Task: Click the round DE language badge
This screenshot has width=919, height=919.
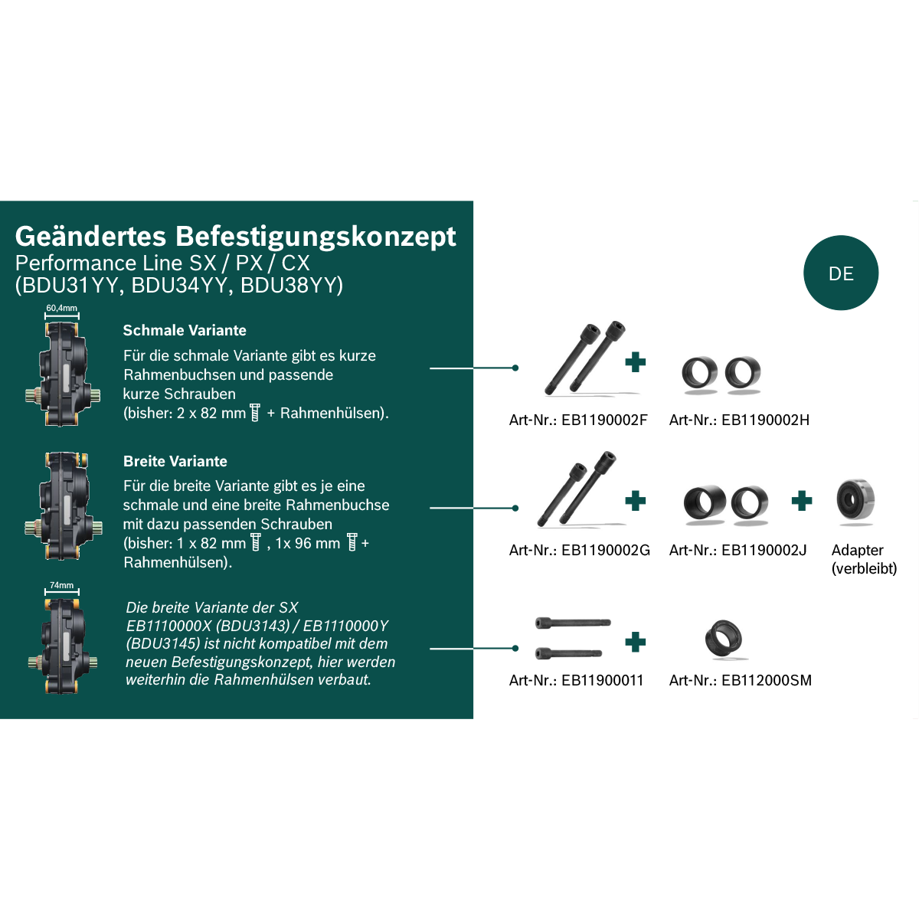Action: point(840,273)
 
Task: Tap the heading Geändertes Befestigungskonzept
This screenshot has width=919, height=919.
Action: point(235,236)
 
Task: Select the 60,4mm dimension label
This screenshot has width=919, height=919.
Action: point(61,308)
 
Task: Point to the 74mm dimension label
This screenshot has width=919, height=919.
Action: point(62,585)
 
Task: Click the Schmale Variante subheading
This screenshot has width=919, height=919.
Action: point(185,330)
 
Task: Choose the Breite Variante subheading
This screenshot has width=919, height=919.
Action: point(175,461)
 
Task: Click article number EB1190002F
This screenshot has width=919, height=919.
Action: point(604,420)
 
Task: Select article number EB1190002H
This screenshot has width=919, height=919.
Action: point(765,420)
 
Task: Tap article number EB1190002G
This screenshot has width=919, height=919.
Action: point(606,550)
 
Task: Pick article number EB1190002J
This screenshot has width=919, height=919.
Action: point(764,550)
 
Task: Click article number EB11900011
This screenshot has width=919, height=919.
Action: point(603,680)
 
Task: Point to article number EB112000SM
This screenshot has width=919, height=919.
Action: point(767,680)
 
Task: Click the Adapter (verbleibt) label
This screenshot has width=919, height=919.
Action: point(864,559)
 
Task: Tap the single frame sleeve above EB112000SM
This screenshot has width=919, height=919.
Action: point(723,638)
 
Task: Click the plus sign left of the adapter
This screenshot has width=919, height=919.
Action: point(802,501)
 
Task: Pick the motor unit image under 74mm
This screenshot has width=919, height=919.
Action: point(62,646)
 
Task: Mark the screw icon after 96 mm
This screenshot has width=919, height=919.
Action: point(352,542)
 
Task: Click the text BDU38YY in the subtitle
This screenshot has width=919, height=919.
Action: point(291,285)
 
